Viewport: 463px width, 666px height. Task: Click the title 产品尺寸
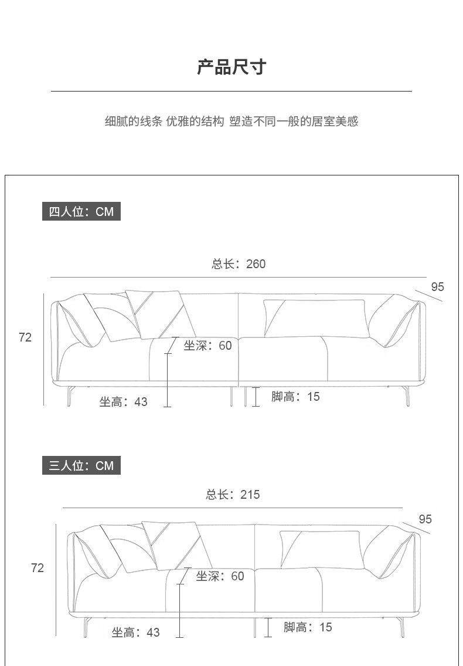(x=231, y=67)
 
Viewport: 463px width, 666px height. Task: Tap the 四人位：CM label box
(x=81, y=211)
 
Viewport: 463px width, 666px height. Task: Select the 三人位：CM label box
(x=81, y=466)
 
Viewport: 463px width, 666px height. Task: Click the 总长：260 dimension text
(x=239, y=264)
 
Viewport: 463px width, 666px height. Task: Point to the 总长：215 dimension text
(x=233, y=495)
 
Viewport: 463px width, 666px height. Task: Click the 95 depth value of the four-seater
(x=437, y=287)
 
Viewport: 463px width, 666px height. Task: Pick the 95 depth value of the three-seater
(x=425, y=519)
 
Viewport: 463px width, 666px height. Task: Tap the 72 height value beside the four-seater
(x=25, y=337)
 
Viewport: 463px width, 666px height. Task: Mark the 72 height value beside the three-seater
(x=38, y=568)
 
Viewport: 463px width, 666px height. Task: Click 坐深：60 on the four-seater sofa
(x=208, y=346)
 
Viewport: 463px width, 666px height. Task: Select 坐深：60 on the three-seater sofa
(x=220, y=576)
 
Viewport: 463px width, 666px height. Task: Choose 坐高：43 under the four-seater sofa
(x=123, y=402)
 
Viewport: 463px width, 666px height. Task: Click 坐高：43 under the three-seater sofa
(x=135, y=633)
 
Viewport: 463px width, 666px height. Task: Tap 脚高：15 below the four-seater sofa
(x=295, y=397)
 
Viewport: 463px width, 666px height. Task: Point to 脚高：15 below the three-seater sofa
(x=308, y=627)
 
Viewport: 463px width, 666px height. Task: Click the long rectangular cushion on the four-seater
(x=316, y=318)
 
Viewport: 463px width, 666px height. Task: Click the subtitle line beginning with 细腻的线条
(x=231, y=121)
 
